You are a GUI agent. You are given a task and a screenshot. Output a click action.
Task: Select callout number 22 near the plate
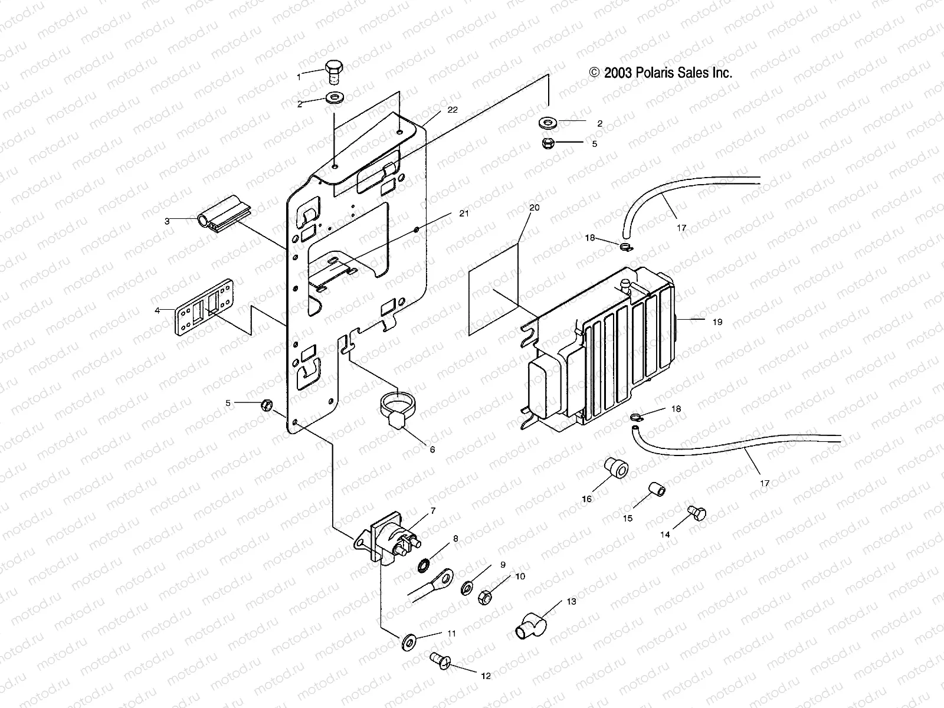pos(453,110)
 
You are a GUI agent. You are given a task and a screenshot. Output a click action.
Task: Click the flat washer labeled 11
pos(407,641)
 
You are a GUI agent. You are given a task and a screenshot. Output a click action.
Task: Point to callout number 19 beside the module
pos(717,322)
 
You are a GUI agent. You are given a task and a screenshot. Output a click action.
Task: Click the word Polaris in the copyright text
pos(658,73)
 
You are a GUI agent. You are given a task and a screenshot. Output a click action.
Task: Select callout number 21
pos(464,214)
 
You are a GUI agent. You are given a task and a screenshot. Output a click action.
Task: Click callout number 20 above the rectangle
pos(534,208)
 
